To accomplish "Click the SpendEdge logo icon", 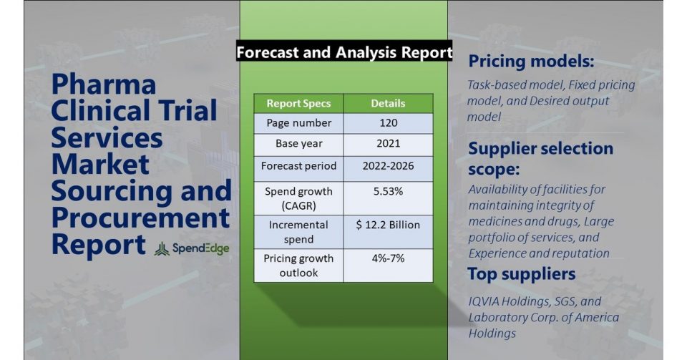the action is pos(162,249).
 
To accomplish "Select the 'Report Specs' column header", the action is pos(299,103).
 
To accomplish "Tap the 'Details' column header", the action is pos(388,103).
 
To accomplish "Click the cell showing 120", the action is pos(388,123).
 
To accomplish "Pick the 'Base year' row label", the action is pos(299,144).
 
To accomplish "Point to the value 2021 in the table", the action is pos(388,144).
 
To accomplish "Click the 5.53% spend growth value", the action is pos(388,191).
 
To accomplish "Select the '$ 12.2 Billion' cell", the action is pos(388,225).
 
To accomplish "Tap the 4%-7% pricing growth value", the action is pos(388,258).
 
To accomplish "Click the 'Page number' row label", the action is pos(299,123).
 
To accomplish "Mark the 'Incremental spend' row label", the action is pos(299,232).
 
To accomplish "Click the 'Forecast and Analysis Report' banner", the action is pos(344,52).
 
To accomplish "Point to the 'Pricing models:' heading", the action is pos(531,61).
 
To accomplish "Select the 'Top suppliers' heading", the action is pos(522,274).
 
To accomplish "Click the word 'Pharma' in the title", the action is pos(104,85).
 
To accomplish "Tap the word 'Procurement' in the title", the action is pos(141,218).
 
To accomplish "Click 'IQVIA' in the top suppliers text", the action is pos(484,301).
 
